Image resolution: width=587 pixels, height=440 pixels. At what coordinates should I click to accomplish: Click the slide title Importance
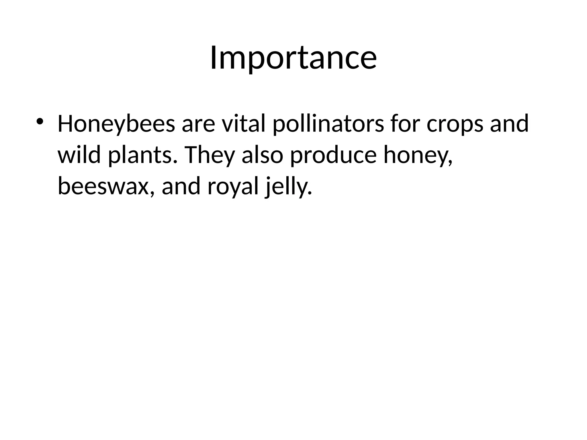tap(293, 58)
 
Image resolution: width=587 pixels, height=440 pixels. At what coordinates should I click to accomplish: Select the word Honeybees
tap(116, 124)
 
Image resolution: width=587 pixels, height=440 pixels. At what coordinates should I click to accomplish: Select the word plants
tap(141, 155)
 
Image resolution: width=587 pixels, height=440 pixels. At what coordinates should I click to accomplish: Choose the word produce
tap(333, 155)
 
